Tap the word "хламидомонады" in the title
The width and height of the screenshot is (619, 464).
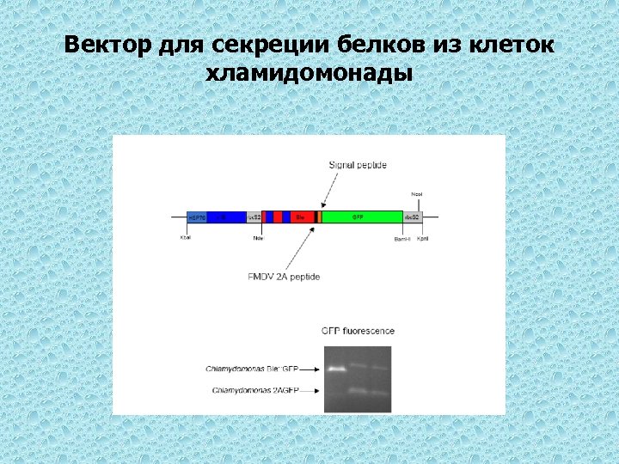(309, 73)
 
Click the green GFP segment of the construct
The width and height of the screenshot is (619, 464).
(361, 217)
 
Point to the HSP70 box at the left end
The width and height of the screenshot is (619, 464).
(197, 217)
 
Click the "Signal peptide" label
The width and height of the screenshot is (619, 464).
(358, 165)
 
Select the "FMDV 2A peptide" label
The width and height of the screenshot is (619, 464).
(284, 277)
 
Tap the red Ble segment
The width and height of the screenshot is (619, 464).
(302, 217)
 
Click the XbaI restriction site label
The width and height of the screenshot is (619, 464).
(186, 237)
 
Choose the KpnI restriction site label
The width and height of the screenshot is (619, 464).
(423, 238)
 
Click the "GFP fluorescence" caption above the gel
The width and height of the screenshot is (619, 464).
(358, 331)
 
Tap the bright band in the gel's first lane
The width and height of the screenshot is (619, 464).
(334, 369)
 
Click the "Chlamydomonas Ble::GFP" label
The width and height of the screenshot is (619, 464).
(257, 369)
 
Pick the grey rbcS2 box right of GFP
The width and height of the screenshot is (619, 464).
(413, 217)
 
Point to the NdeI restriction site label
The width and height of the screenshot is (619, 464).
(258, 238)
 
